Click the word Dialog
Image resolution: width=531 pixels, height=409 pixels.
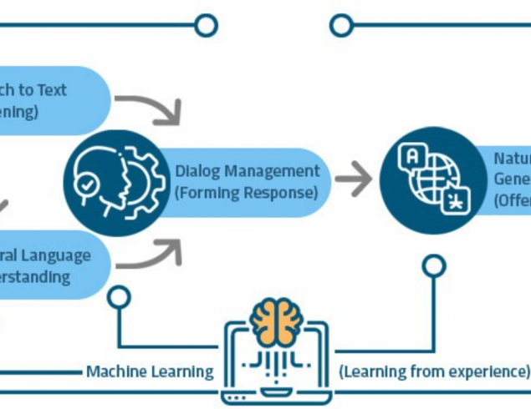[197, 171]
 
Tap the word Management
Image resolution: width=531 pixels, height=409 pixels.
[271, 171]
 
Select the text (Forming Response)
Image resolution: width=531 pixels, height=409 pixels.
[246, 192]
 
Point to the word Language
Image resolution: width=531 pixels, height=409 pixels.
[52, 255]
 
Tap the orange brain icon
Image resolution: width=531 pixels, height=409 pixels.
[276, 322]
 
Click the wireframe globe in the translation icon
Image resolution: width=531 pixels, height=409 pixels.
[433, 178]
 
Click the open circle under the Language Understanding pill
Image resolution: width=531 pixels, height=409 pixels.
[119, 295]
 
